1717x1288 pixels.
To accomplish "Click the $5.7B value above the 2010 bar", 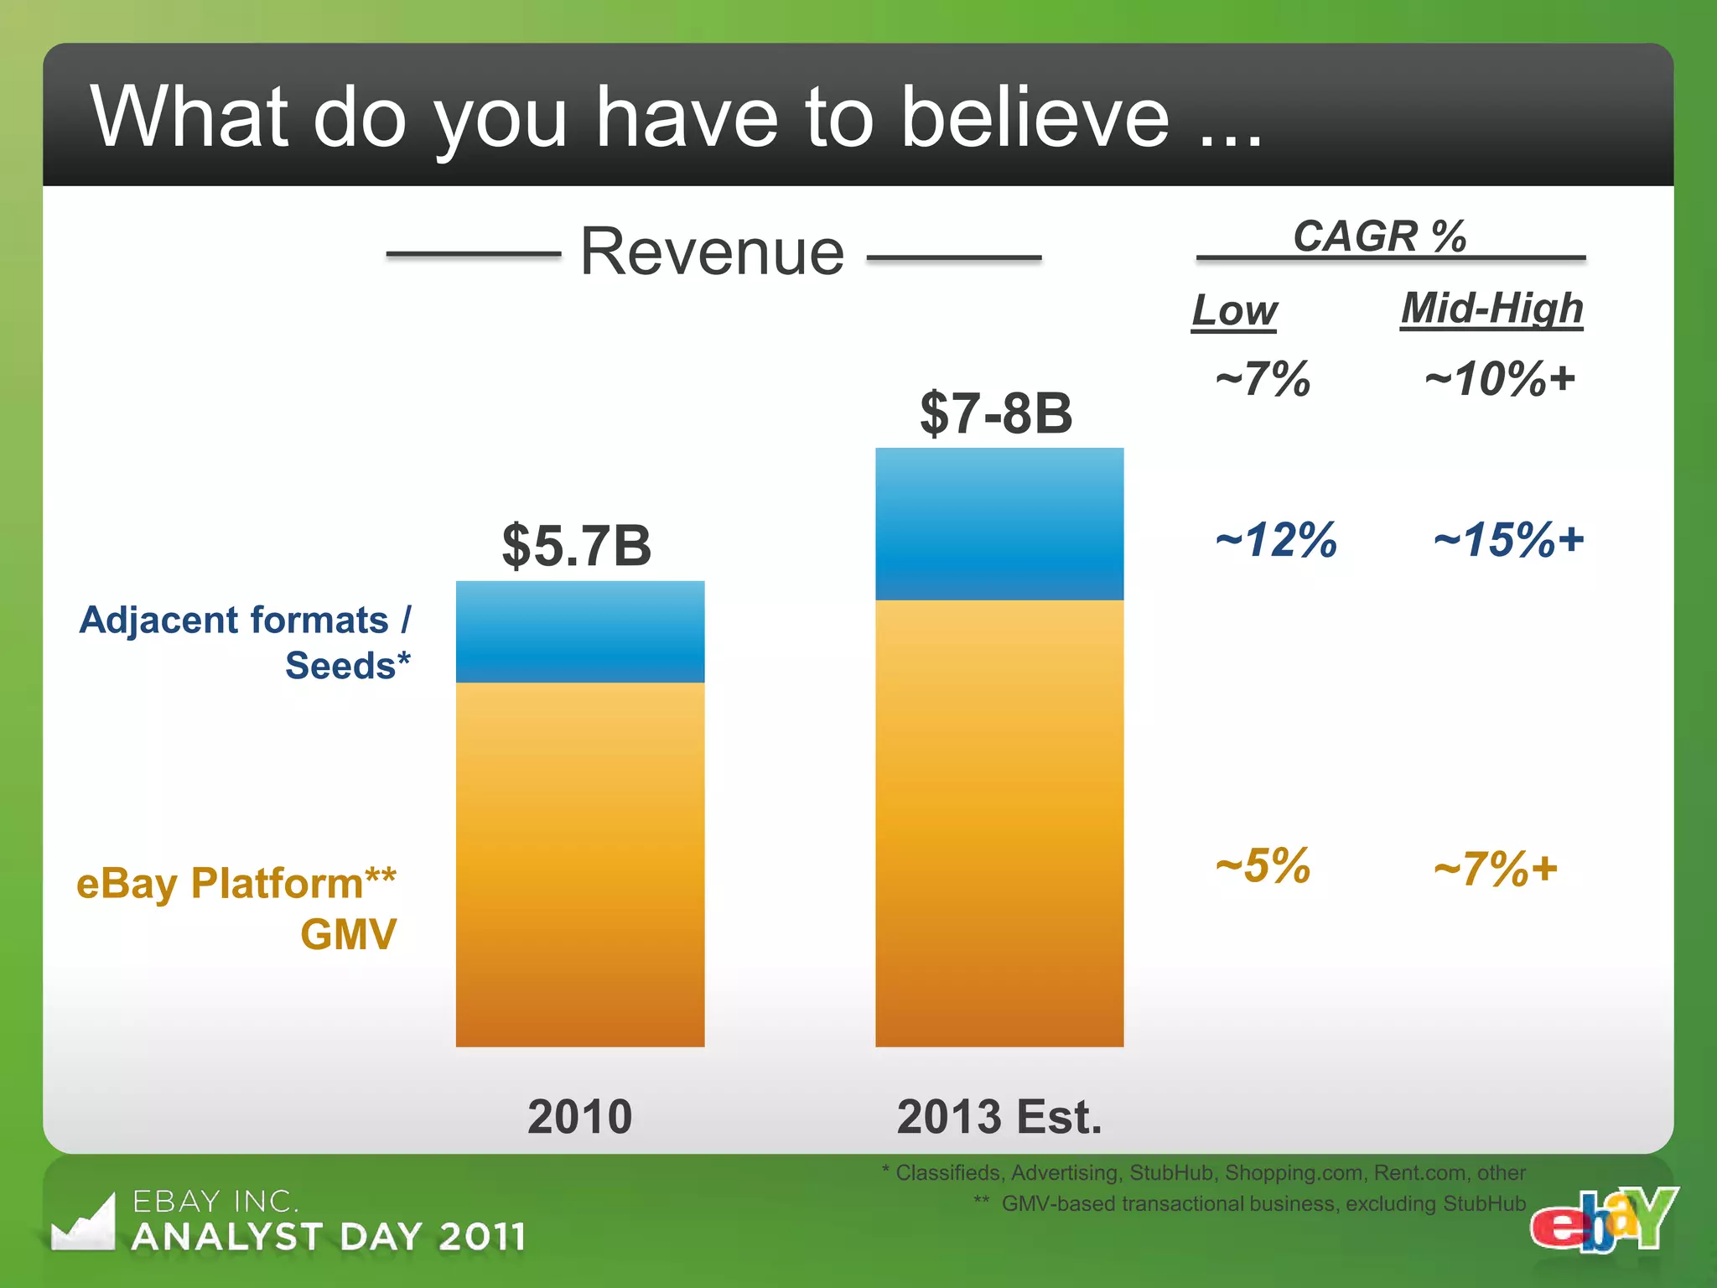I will point(577,546).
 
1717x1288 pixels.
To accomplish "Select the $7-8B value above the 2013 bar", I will point(996,413).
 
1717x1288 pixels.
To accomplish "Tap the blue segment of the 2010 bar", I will point(580,632).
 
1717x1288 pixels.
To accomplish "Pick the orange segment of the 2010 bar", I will point(580,864).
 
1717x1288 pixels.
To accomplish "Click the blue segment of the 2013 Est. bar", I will point(999,524).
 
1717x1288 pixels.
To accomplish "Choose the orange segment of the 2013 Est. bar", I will point(999,822).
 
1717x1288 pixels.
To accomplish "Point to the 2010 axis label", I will point(580,1117).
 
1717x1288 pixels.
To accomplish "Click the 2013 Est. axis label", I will point(999,1117).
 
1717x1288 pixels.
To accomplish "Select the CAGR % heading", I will point(1380,236).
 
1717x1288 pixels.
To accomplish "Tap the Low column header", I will point(1235,310).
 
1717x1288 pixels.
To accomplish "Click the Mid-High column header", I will point(1492,308).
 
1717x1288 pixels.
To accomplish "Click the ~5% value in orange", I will point(1263,865).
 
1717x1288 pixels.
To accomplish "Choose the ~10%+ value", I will point(1500,379).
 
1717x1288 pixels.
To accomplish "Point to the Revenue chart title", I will point(713,252).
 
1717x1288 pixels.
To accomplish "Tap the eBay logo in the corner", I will point(1603,1220).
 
